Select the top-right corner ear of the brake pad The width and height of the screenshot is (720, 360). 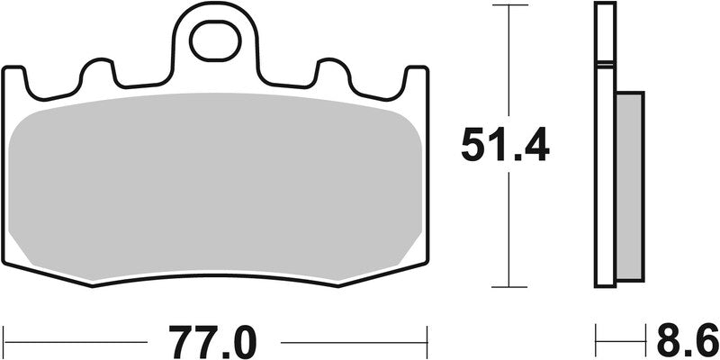point(415,77)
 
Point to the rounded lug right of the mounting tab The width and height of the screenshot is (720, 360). point(330,72)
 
